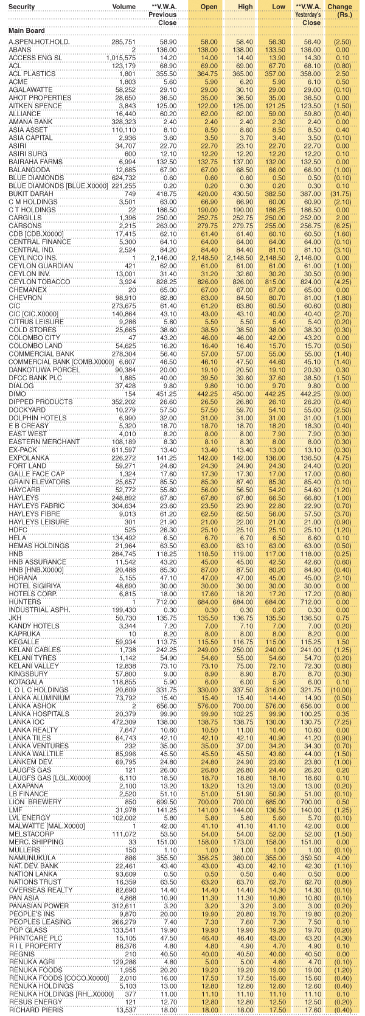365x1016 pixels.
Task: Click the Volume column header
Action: click(123, 7)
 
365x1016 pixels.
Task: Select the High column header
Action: click(245, 7)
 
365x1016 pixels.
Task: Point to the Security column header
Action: click(22, 7)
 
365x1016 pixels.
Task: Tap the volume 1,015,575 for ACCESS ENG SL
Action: click(120, 57)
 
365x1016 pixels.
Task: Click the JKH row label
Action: click(15, 618)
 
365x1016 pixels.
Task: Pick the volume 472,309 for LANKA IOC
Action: click(123, 722)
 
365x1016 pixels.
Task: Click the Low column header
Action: click(280, 7)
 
